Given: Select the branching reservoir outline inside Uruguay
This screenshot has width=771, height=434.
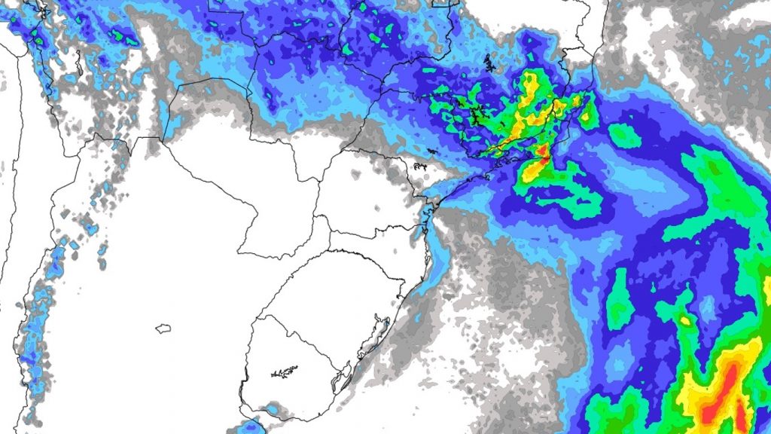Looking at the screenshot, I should [x=284, y=371].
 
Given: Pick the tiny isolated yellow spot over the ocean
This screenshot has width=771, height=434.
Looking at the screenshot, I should [x=685, y=321].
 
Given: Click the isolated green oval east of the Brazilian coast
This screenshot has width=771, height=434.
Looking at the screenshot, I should [x=624, y=136].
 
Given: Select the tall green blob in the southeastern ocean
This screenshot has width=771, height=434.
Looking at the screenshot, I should [x=619, y=299].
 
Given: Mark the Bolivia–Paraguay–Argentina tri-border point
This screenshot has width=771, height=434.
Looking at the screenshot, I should [x=163, y=139].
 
